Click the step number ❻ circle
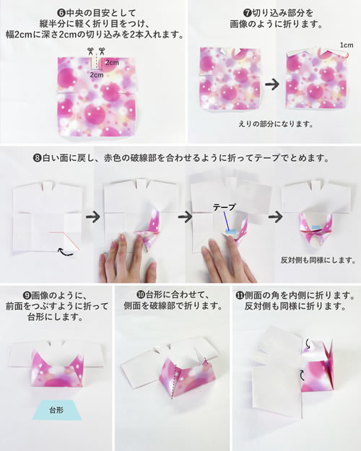pos(61,13)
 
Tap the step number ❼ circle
pos(247,13)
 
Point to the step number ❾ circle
pos(26,295)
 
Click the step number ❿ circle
pos(141,294)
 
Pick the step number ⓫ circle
pos(239,295)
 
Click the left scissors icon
pos(90,51)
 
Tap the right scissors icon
pos(102,51)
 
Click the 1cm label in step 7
pos(347,45)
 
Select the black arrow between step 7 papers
pos(272,84)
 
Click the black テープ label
pos(225,207)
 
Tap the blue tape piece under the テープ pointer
pos(230,231)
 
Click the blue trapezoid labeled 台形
pos(57,410)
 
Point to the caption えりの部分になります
pos(276,124)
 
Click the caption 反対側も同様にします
pos(318,260)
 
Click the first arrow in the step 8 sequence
pos(92,216)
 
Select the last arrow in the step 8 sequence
pos(276,216)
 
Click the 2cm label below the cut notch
pos(97,75)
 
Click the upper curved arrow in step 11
pos(308,344)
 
